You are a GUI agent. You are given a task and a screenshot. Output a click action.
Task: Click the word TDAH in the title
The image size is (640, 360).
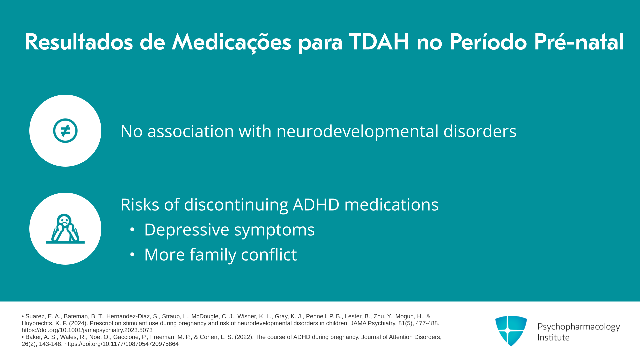click(x=379, y=42)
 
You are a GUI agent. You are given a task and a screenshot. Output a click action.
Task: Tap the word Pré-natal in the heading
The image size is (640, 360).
click(x=579, y=42)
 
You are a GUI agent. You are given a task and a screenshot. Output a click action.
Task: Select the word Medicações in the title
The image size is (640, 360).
click(x=231, y=42)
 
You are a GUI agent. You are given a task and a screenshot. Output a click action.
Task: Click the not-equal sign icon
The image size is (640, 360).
click(x=65, y=131)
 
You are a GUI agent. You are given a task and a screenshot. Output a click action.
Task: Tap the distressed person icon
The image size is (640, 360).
click(x=65, y=229)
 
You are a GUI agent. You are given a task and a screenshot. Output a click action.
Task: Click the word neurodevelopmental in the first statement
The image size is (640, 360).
click(x=357, y=131)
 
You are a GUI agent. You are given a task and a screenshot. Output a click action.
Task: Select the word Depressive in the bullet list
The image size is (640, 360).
click(x=187, y=230)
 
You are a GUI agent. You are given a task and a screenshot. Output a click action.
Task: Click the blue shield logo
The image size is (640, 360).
click(x=511, y=331)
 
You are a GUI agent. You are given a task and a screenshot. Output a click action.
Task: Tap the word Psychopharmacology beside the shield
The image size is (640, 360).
click(x=579, y=327)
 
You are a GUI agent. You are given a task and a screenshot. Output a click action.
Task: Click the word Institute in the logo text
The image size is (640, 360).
click(x=553, y=338)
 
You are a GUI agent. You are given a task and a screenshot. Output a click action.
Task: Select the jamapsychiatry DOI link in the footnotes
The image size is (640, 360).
click(x=87, y=330)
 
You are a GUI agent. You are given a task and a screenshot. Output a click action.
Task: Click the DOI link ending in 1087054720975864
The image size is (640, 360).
click(x=121, y=344)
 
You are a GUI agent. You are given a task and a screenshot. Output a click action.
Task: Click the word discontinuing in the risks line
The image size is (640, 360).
click(x=236, y=205)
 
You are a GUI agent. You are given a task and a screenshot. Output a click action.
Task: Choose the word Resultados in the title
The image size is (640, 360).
click(x=79, y=42)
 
